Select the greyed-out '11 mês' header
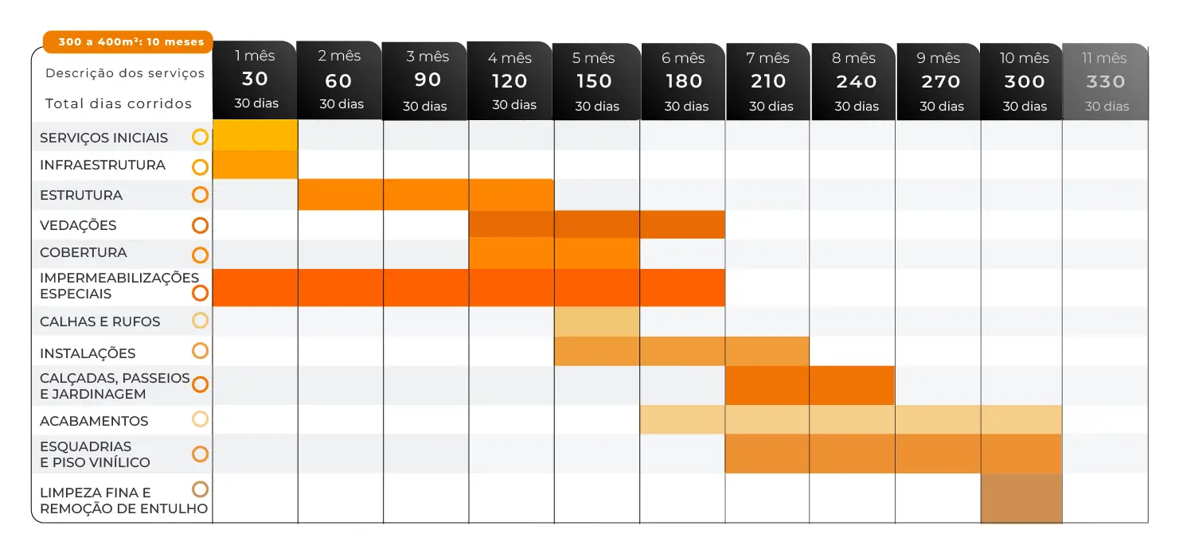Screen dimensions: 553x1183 (x=1105, y=81)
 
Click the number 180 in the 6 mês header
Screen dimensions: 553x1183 (x=683, y=81)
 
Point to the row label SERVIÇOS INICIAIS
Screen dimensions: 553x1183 (x=103, y=138)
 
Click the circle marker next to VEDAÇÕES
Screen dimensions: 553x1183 (x=200, y=225)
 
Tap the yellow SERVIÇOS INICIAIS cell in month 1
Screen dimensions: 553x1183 (x=255, y=136)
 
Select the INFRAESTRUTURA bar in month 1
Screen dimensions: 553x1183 (x=255, y=165)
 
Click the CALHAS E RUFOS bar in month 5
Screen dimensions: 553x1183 (x=596, y=321)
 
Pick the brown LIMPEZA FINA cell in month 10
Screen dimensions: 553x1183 (x=1021, y=498)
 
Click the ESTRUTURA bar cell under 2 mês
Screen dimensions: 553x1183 (x=340, y=195)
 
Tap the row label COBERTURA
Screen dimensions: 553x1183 (x=83, y=252)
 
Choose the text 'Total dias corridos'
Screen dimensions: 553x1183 (x=119, y=103)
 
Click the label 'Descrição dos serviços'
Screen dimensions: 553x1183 (x=125, y=73)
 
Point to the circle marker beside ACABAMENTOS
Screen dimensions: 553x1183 (x=200, y=419)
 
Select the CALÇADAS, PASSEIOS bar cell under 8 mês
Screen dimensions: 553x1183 (x=852, y=385)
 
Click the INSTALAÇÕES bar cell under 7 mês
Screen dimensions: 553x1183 (x=767, y=351)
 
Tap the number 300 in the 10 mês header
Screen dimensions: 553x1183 (x=1024, y=81)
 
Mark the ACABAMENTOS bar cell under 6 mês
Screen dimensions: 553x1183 (x=682, y=419)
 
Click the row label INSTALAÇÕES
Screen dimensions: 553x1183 (x=88, y=353)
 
